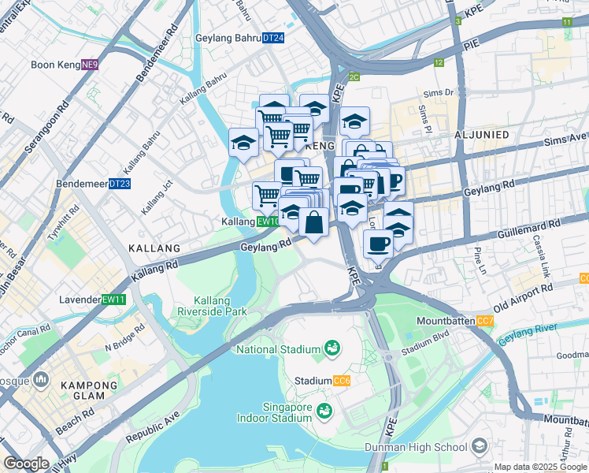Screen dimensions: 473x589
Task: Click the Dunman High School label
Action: [x=416, y=448]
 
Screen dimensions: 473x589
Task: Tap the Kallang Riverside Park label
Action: [x=221, y=306]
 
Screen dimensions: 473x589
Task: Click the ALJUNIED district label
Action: [x=481, y=135]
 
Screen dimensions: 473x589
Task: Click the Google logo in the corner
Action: [x=26, y=464]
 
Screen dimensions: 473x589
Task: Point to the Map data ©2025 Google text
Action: [x=540, y=467]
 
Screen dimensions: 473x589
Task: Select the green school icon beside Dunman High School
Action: [x=478, y=448]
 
